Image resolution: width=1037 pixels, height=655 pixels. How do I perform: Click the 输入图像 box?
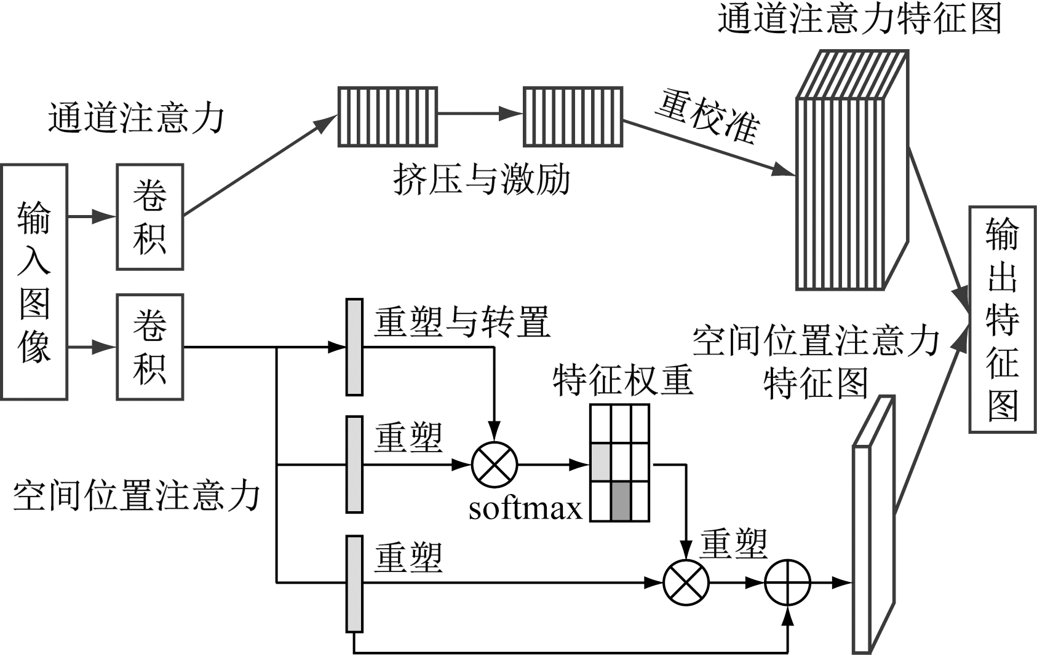pyautogui.click(x=34, y=282)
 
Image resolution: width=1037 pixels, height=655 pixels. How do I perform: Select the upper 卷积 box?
pyautogui.click(x=150, y=217)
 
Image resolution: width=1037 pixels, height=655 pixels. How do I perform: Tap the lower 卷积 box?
pyautogui.click(x=150, y=347)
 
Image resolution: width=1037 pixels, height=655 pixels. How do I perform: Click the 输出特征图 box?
pyautogui.click(x=1002, y=320)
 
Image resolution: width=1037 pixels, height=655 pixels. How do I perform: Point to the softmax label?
pyautogui.click(x=525, y=509)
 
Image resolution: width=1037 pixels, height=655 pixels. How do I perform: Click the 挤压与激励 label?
pyautogui.click(x=482, y=181)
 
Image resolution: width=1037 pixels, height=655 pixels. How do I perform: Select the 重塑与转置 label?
pyautogui.click(x=462, y=321)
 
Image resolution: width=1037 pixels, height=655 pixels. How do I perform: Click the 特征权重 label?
pyautogui.click(x=622, y=380)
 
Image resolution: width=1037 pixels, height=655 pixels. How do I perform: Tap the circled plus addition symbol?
pyautogui.click(x=788, y=582)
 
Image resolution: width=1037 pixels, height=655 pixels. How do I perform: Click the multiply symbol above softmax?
pyautogui.click(x=495, y=465)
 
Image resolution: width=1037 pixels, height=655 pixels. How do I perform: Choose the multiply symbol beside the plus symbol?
pyautogui.click(x=686, y=582)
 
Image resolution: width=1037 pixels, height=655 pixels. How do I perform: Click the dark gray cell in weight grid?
pyautogui.click(x=621, y=501)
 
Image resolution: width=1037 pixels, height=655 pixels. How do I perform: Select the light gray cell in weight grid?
pyautogui.click(x=601, y=462)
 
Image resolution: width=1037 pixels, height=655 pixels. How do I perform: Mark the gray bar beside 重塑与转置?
pyautogui.click(x=354, y=347)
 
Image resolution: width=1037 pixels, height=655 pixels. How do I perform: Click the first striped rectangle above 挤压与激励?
pyautogui.click(x=387, y=117)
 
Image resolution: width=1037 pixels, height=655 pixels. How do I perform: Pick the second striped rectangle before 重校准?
pyautogui.click(x=573, y=117)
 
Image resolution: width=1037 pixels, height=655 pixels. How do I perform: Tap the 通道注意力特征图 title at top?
pyautogui.click(x=859, y=18)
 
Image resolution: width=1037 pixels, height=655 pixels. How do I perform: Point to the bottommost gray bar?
pyautogui.click(x=354, y=584)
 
